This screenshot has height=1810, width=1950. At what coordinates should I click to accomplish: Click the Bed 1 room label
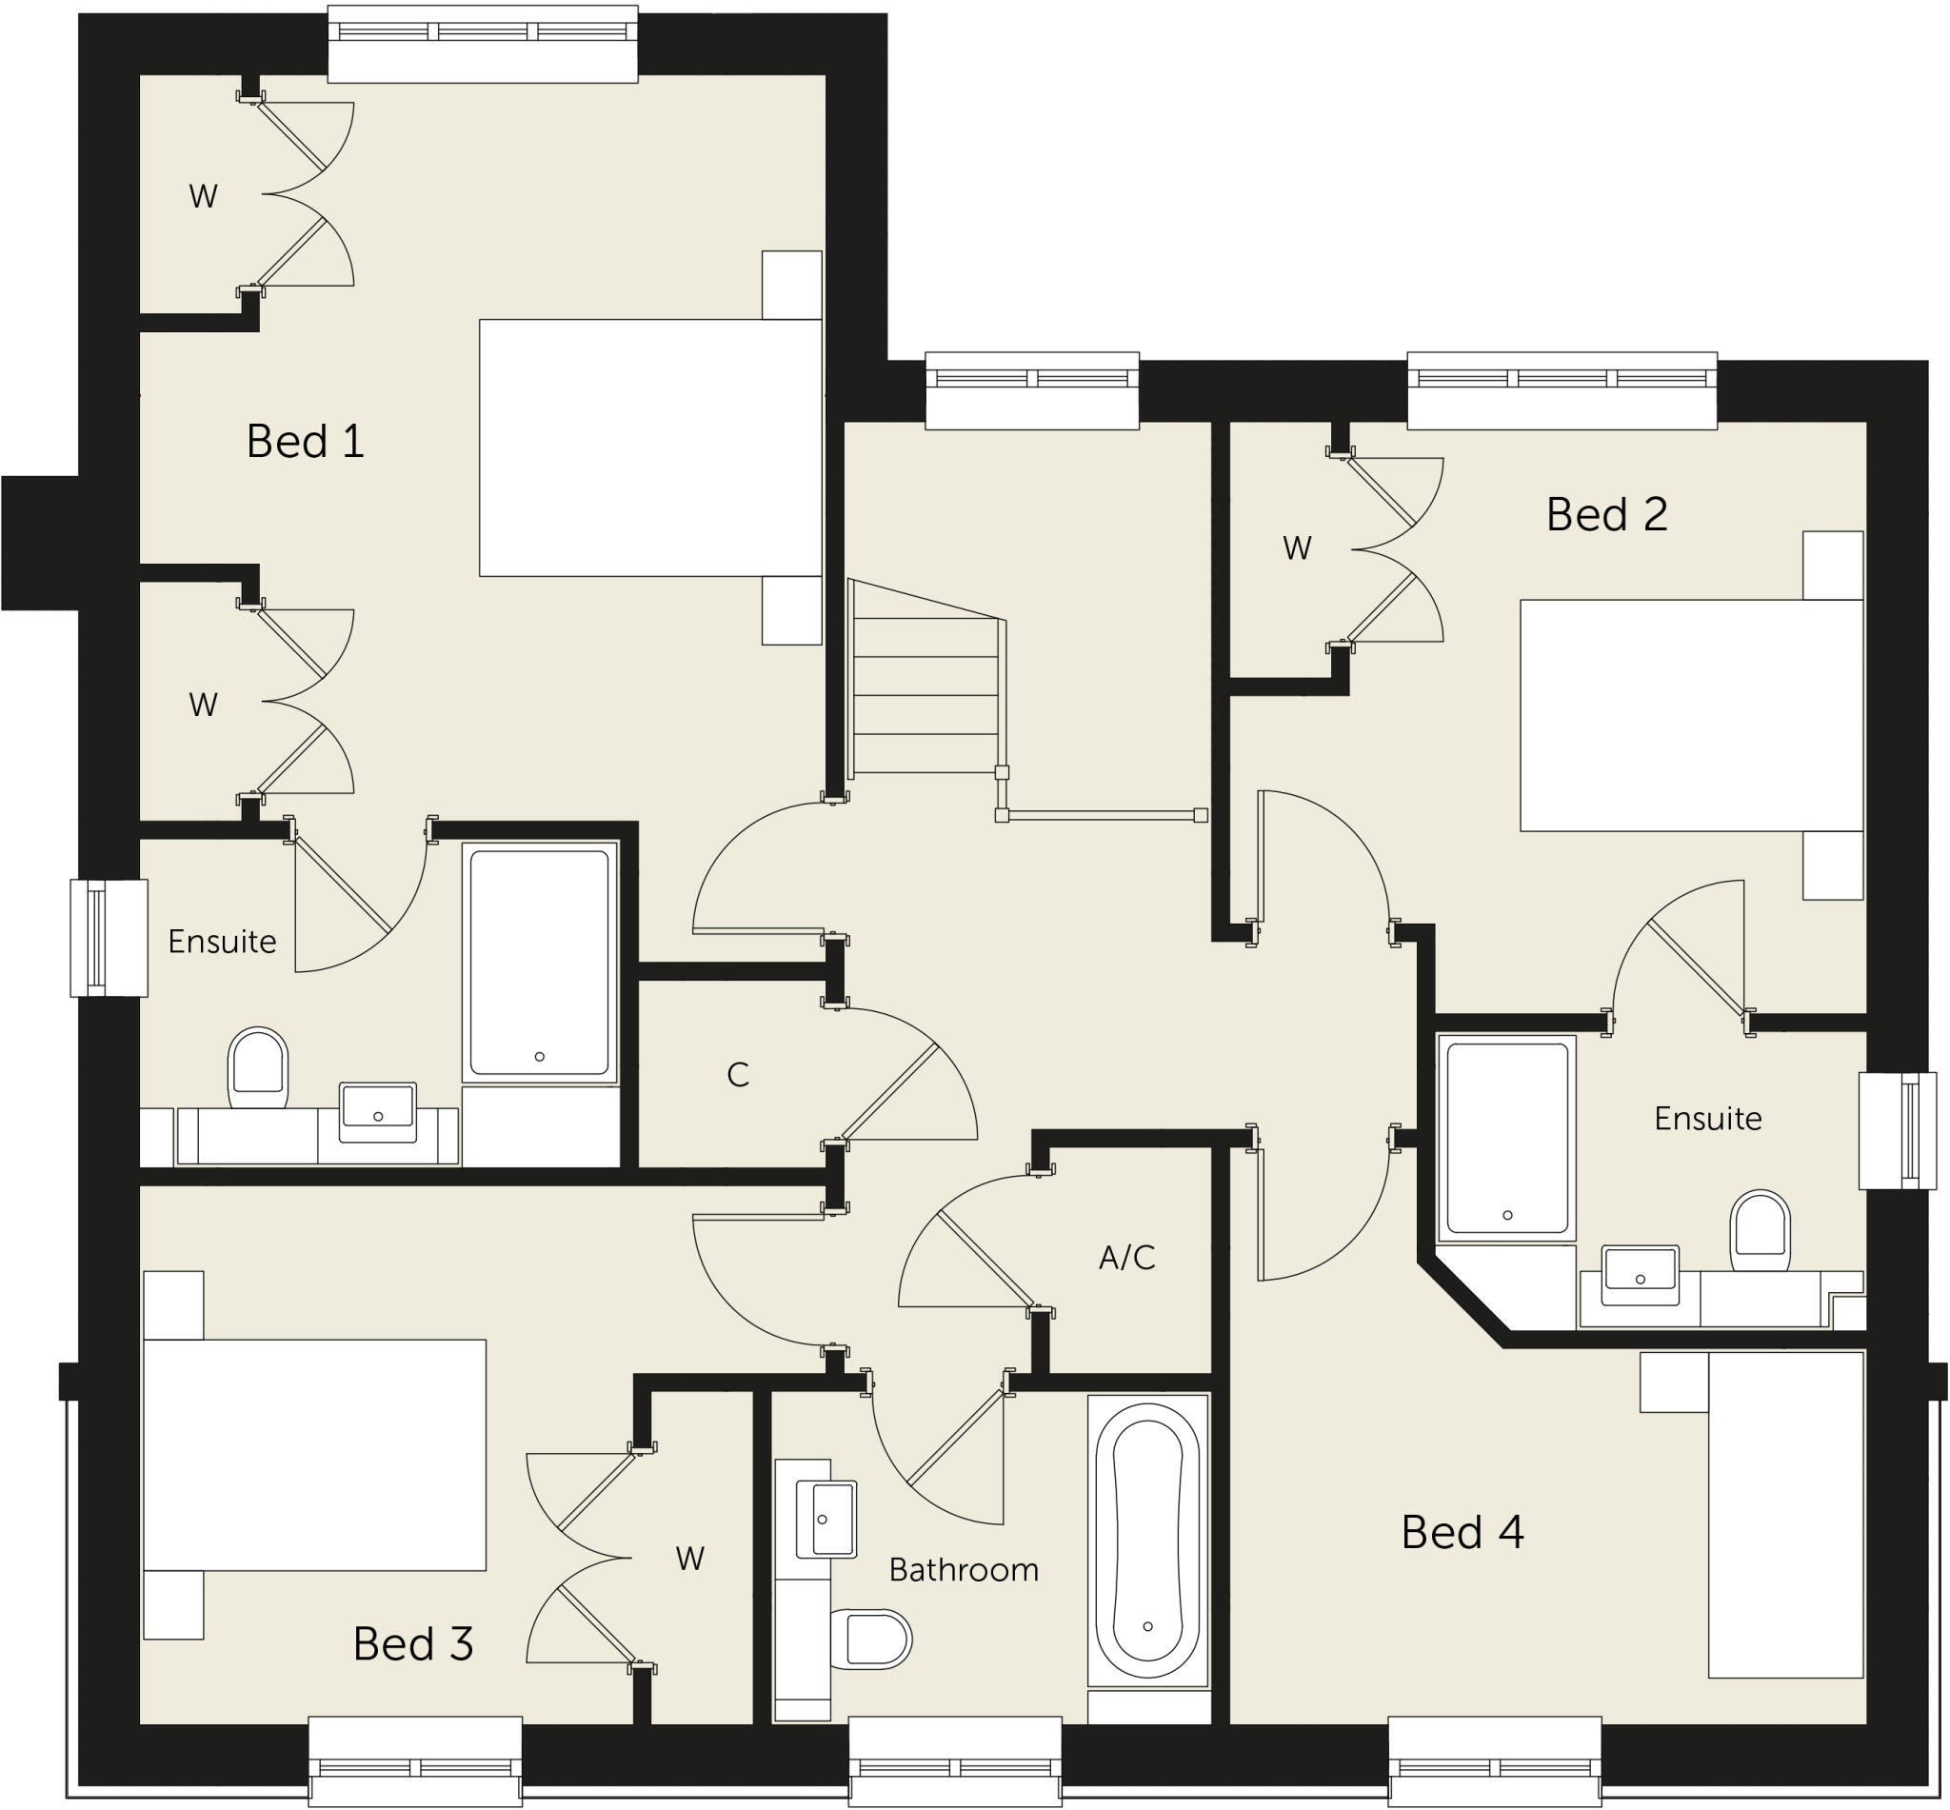click(305, 442)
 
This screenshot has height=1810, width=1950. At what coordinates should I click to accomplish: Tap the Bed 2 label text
click(1605, 515)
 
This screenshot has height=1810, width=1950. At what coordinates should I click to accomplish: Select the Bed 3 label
click(412, 1644)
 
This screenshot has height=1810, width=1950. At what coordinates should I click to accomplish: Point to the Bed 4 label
click(1462, 1533)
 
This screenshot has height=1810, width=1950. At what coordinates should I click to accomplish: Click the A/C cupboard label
click(1126, 1258)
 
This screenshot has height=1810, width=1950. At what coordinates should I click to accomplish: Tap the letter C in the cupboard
click(738, 1075)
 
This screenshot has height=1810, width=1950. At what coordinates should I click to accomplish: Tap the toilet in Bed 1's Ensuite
click(258, 1067)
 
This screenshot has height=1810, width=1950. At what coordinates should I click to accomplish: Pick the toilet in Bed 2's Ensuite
click(1759, 1230)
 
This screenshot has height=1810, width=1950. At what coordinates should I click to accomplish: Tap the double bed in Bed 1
click(649, 448)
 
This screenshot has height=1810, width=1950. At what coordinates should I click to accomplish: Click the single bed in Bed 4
click(1784, 1515)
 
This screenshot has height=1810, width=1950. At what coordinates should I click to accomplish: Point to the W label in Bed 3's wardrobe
click(689, 1560)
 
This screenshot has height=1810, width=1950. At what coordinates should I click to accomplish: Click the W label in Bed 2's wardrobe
click(1296, 548)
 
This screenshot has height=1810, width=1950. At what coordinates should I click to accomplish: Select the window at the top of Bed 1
click(482, 44)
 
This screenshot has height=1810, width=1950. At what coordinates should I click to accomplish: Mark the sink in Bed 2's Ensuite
click(1640, 1275)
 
